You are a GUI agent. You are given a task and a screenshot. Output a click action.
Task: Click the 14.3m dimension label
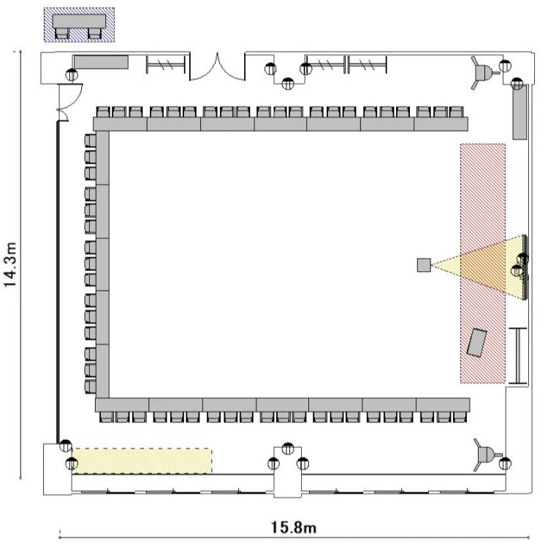point(10,265)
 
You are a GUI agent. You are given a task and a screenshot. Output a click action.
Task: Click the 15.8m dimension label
point(294,528)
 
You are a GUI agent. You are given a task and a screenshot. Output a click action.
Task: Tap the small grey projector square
point(424,265)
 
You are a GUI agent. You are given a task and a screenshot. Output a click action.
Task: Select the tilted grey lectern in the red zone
point(477,343)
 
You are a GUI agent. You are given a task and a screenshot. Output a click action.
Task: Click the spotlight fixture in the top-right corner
point(483,72)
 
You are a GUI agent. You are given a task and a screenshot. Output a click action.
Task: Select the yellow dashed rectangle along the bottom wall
point(142,460)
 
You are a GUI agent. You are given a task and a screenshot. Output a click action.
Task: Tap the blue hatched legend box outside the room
point(80,25)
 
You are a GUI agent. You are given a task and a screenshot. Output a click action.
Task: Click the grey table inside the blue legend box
point(80,21)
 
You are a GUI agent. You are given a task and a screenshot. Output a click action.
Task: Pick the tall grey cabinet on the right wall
point(520,113)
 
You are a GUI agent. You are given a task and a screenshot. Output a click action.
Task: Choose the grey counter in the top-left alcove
point(102,62)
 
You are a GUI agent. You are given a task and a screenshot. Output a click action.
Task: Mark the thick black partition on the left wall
point(58,282)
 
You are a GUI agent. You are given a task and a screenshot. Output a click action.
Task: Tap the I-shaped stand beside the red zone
point(517,356)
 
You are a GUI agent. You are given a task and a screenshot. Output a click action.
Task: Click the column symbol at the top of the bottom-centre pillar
point(288,449)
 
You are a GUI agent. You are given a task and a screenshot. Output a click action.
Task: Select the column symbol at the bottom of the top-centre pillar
point(288,84)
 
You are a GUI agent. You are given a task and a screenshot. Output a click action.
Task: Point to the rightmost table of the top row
point(441,124)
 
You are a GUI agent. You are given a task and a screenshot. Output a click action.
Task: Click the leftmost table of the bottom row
point(122,405)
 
